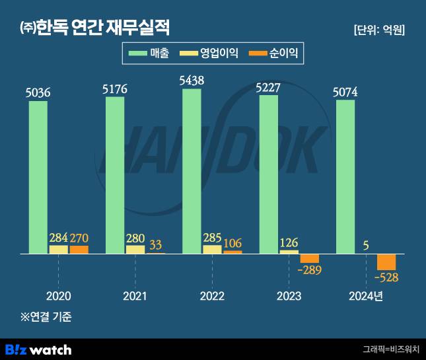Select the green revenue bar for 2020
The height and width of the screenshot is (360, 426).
click(38, 177)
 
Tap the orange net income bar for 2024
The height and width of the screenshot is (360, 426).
click(386, 262)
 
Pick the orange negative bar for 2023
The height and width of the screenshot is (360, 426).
click(309, 258)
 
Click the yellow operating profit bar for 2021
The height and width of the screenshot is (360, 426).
click(135, 250)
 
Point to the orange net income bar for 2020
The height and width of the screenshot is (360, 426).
click(79, 250)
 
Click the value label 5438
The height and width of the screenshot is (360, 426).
click(192, 80)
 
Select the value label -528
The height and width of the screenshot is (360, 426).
click(385, 277)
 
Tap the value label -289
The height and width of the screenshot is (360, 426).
click(309, 270)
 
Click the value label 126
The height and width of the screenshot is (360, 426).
click(289, 241)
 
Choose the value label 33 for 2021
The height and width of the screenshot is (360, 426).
click(155, 244)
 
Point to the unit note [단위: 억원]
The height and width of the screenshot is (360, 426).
click(379, 30)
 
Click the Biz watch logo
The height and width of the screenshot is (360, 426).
click(38, 349)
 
